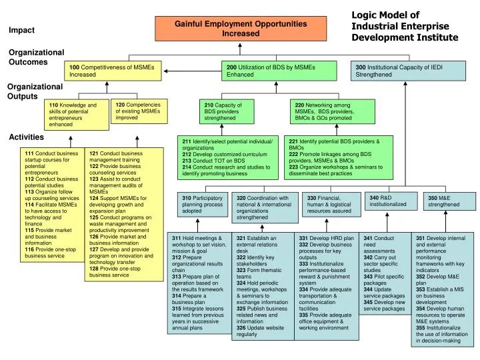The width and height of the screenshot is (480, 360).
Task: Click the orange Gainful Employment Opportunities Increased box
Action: tap(241, 28)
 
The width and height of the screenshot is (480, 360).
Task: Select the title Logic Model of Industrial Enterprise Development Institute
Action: tap(404, 26)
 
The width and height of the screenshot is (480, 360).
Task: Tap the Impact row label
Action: tap(21, 30)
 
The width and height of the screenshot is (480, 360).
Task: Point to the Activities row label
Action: tap(26, 137)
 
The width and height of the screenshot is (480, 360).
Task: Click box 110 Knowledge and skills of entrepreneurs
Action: tap(75, 114)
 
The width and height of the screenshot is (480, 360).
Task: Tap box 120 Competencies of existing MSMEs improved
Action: tap(138, 111)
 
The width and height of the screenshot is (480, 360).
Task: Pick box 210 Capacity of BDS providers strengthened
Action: tap(237, 111)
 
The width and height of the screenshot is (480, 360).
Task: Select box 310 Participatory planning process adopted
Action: tap(203, 205)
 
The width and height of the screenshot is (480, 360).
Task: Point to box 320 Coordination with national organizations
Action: tap(263, 207)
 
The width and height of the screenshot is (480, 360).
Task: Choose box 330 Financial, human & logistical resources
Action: tap(329, 204)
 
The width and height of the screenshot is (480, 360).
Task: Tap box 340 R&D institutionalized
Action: tap(389, 201)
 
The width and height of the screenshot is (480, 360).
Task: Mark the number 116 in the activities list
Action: tap(30, 248)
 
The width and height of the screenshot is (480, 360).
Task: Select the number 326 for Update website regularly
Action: tap(243, 328)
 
